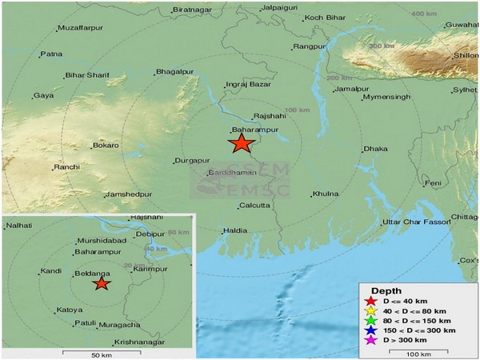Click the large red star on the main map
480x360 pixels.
click(241, 144)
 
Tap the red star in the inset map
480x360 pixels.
click(101, 283)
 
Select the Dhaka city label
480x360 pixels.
click(374, 149)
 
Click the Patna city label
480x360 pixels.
click(51, 54)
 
